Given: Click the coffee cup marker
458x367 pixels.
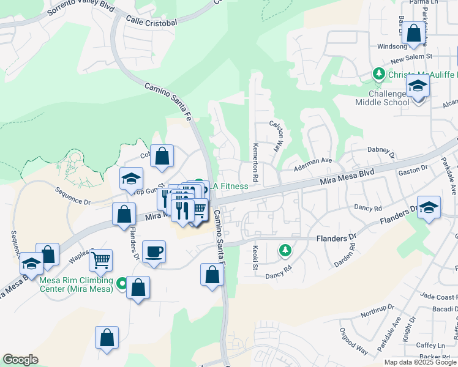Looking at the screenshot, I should point(154,251).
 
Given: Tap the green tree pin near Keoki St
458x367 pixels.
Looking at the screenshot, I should point(284,250).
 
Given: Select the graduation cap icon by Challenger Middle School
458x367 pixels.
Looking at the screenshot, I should point(418,86).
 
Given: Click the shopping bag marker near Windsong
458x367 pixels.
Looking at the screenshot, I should point(414,34).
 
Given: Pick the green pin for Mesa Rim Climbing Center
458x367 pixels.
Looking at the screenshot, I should point(122,284).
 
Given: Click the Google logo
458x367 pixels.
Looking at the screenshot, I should point(21,360).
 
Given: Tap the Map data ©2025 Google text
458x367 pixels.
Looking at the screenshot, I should point(420,362).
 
